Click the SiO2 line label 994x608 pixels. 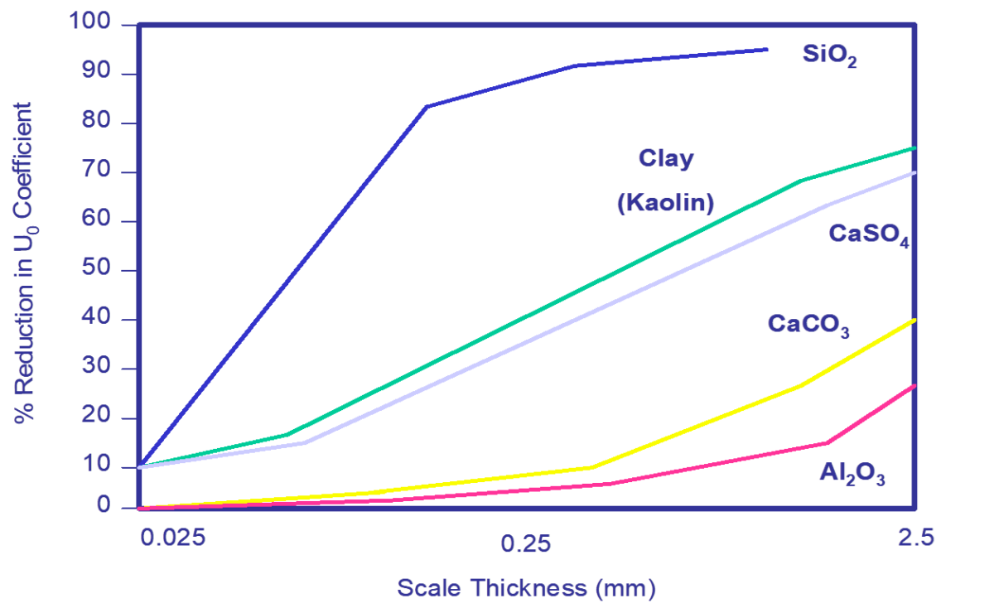tap(829, 55)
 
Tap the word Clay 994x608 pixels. tap(666, 158)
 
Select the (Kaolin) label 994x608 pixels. tap(665, 202)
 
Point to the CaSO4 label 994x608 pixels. tap(869, 234)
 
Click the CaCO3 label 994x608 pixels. tap(808, 324)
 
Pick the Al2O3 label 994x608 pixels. tap(852, 474)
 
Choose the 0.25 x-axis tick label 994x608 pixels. tap(526, 542)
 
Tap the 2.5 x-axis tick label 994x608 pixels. tap(915, 538)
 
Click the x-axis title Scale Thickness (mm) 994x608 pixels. tap(526, 588)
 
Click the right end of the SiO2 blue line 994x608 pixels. tap(768, 50)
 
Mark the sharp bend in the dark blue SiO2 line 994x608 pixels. tap(427, 107)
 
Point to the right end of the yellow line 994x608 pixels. tap(914, 320)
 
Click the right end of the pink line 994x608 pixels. tap(914, 385)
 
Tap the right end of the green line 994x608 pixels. tap(914, 147)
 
